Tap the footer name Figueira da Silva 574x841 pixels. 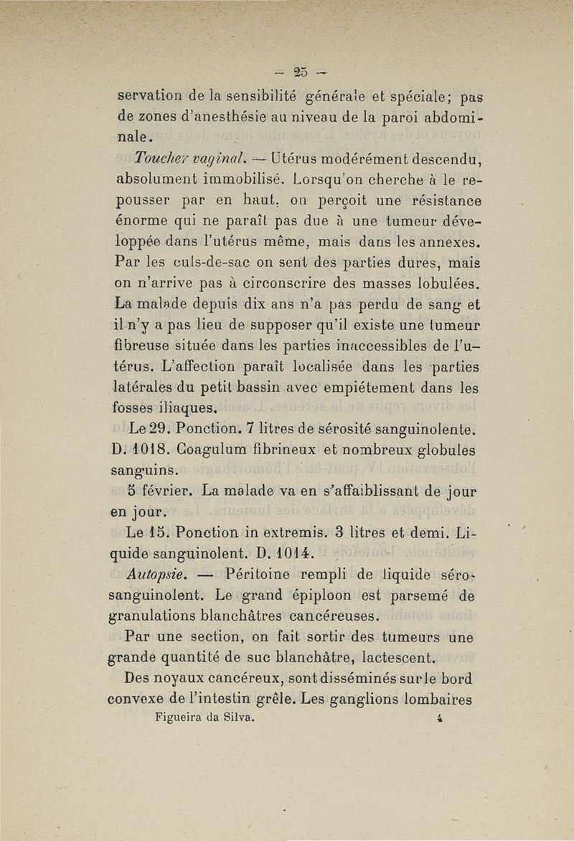click(x=205, y=717)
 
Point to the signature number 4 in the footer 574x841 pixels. click(x=438, y=717)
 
